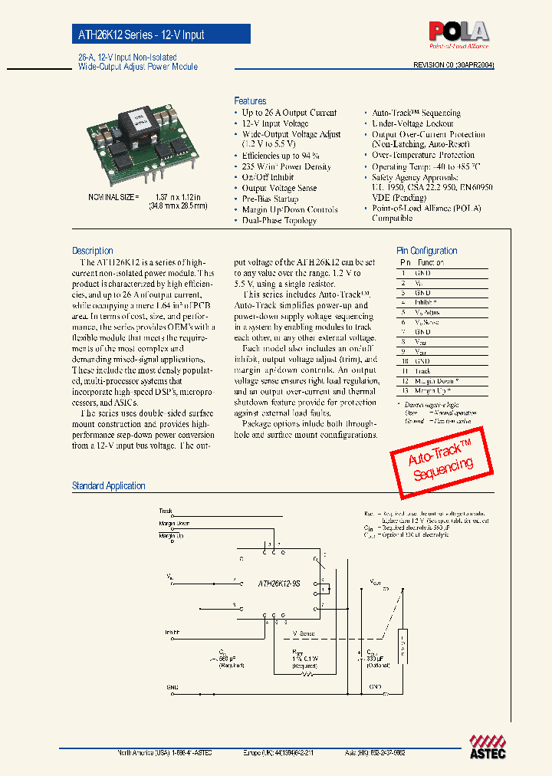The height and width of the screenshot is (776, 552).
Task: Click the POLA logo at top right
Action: (458, 32)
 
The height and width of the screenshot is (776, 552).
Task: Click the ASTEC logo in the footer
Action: (488, 747)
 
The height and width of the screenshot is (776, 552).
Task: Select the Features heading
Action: (250, 101)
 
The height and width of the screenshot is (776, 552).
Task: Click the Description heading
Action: (92, 251)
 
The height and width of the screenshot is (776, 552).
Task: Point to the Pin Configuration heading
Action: (426, 251)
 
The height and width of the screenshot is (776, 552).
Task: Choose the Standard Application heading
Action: (108, 485)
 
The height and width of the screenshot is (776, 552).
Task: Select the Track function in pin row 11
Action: (422, 371)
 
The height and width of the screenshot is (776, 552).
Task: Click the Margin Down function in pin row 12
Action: (436, 381)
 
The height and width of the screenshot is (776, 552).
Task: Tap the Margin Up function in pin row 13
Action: (434, 391)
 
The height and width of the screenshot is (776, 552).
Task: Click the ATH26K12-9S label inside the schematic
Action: (279, 583)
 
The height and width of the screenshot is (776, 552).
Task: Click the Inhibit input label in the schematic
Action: (172, 633)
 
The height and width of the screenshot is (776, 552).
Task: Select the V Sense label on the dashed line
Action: (304, 634)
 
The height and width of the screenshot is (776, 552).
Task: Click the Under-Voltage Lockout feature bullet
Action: (412, 123)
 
